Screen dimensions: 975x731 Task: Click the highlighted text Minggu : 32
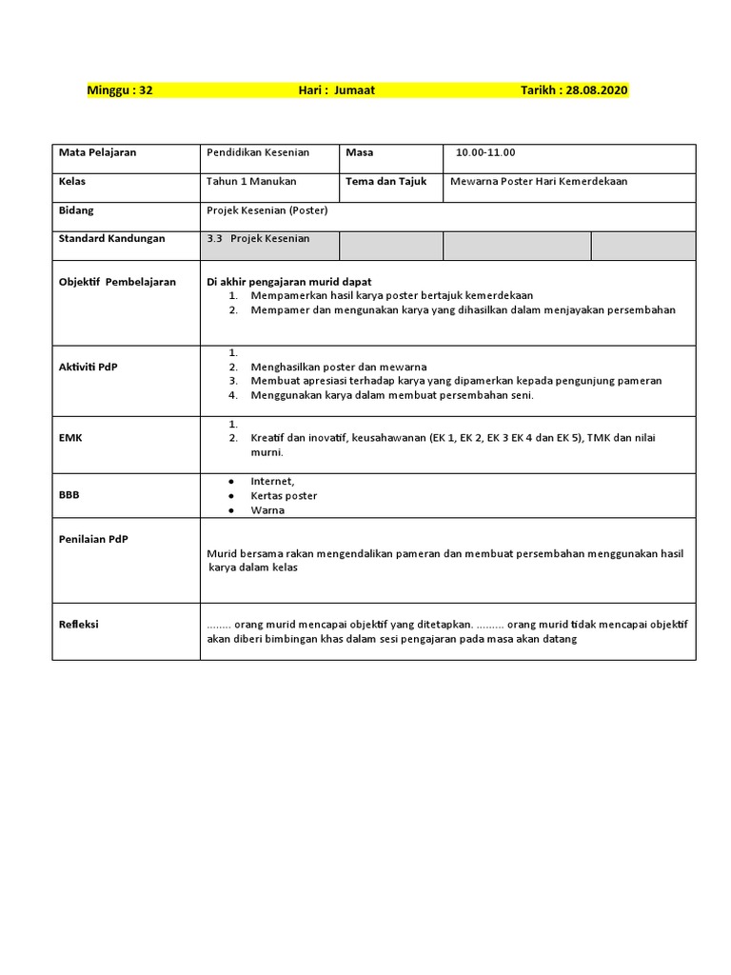tap(120, 90)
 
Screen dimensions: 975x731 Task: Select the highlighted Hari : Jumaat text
tap(336, 90)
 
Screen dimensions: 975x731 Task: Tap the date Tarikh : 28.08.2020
tap(574, 90)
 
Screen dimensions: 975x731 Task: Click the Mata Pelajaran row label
tap(97, 152)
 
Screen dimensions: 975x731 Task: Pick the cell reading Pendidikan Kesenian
tap(257, 152)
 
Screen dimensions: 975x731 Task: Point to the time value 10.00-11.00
tap(485, 152)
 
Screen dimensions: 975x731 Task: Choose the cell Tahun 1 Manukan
tap(251, 181)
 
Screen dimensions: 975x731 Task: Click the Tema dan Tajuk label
tap(386, 181)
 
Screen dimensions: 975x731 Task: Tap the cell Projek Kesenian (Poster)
tap(267, 210)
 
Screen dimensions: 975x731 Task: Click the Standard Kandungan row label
tap(111, 238)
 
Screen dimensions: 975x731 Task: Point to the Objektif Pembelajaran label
tap(117, 283)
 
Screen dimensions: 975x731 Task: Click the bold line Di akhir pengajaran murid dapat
tap(289, 282)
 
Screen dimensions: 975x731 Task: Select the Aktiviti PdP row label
tap(89, 367)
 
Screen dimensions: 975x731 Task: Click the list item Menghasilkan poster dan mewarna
tap(338, 367)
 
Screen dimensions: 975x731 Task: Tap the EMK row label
tap(71, 438)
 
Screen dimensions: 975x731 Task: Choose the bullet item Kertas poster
tap(284, 495)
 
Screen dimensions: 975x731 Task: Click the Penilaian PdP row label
tap(93, 539)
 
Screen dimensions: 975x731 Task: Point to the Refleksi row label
tap(79, 625)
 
